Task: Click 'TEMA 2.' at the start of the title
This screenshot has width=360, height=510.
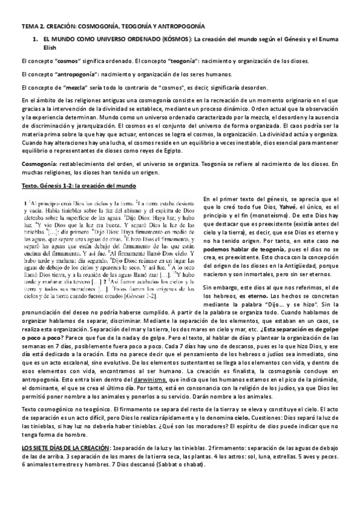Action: click(30, 27)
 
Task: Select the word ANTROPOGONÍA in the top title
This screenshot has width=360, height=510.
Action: click(179, 27)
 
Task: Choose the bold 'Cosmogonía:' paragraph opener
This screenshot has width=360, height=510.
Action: click(40, 164)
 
